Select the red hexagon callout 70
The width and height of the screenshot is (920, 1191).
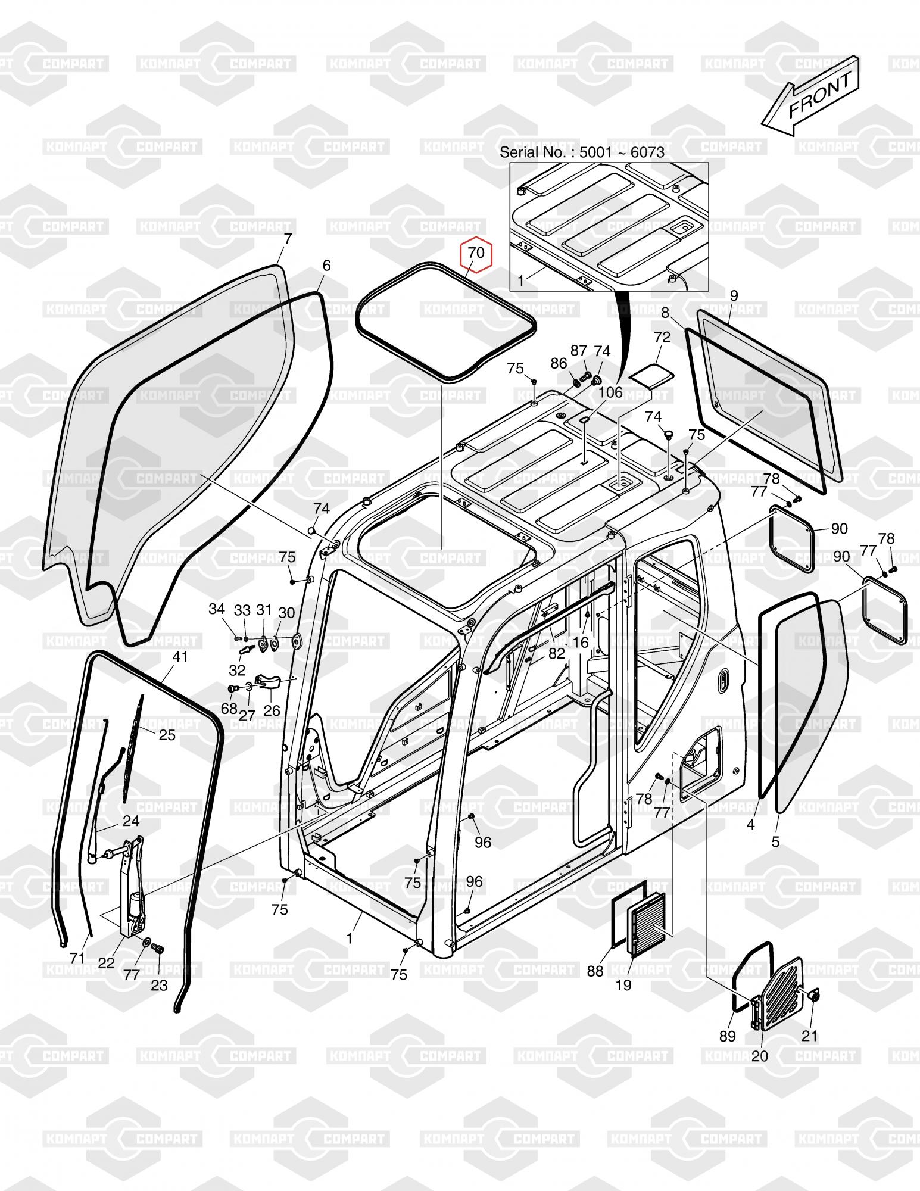pos(476,254)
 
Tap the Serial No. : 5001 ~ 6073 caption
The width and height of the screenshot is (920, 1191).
pos(582,152)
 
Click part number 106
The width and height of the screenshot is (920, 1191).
pos(610,392)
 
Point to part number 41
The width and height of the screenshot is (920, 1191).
pos(180,657)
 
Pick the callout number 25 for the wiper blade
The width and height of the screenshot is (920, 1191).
pos(167,735)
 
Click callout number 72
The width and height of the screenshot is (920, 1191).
pos(662,337)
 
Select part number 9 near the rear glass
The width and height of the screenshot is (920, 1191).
pos(734,295)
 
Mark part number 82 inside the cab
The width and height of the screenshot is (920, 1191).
pos(556,653)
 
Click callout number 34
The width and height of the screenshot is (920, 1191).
pos(217,609)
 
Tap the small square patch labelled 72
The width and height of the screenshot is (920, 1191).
pos(651,375)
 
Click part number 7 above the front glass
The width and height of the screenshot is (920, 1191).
pos(288,239)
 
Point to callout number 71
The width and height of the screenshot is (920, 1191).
pos(77,958)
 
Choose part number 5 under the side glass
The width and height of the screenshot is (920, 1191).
pos(775,842)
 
